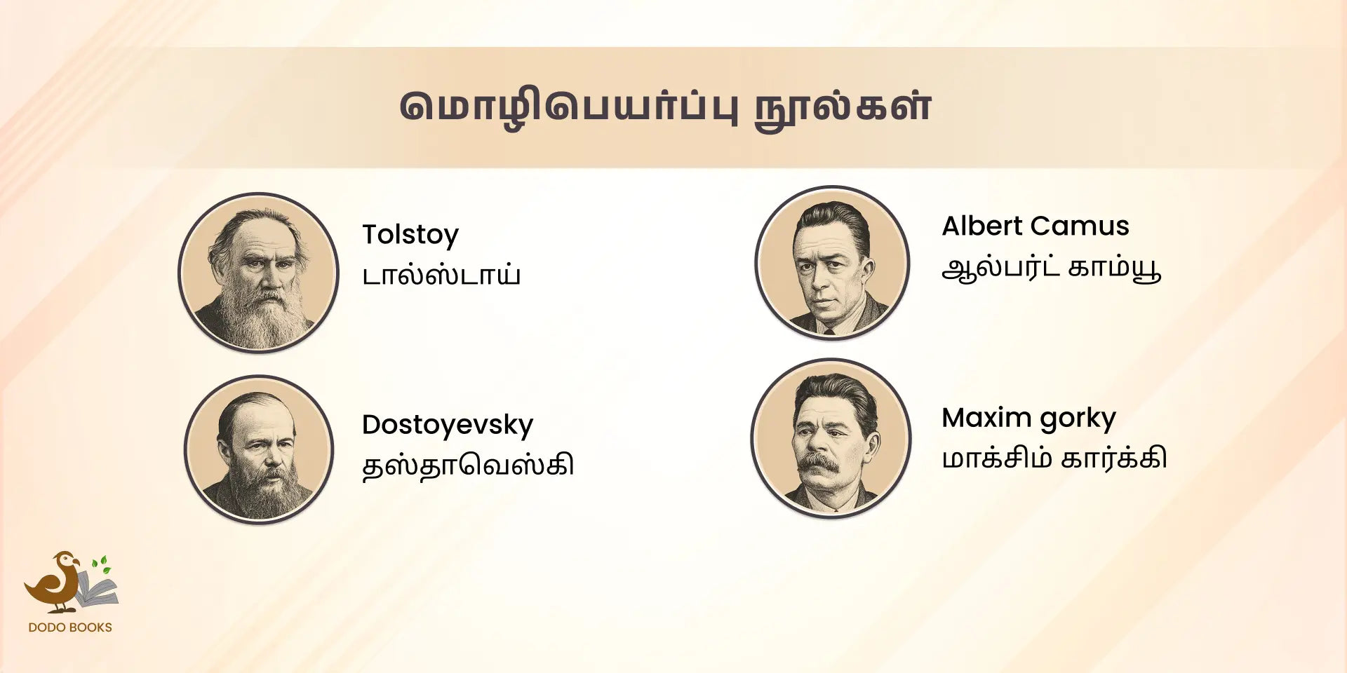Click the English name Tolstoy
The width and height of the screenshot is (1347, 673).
click(410, 234)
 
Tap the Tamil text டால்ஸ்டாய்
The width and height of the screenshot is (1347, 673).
click(441, 276)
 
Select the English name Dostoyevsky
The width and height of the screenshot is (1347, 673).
click(448, 425)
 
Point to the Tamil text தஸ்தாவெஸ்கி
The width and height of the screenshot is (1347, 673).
click(468, 465)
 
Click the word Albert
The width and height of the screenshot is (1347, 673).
click(982, 226)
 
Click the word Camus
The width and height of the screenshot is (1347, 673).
click(1080, 226)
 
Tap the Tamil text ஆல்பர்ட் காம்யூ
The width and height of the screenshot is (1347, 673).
click(1052, 268)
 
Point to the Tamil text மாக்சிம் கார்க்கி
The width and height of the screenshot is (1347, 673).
click(1054, 458)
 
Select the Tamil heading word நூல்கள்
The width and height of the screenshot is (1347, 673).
click(843, 107)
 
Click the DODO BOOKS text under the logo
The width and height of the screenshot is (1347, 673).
click(70, 627)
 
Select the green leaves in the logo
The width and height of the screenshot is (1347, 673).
click(102, 565)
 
